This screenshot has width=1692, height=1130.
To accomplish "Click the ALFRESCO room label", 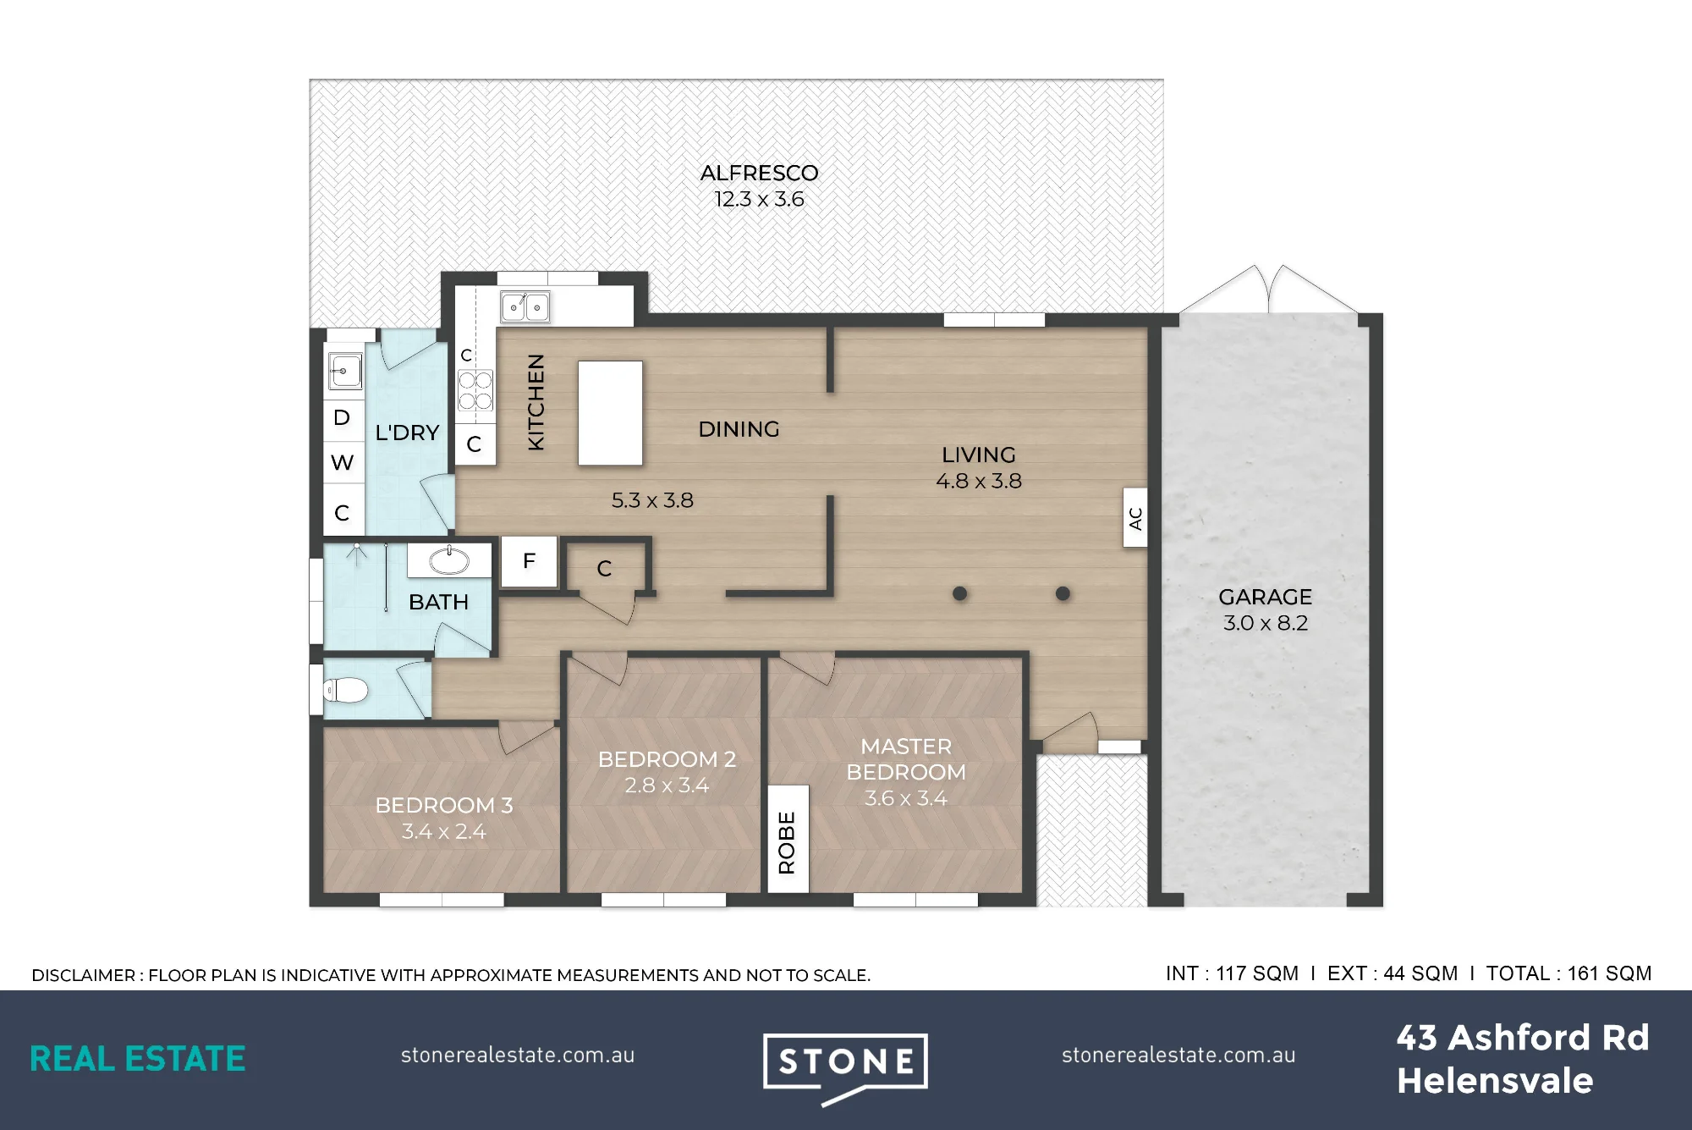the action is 759,174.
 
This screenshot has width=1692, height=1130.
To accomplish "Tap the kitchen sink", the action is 525,306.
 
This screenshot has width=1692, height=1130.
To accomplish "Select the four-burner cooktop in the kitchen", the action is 475,390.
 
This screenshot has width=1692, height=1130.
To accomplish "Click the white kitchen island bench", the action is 610,413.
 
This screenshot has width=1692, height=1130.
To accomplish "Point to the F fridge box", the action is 529,561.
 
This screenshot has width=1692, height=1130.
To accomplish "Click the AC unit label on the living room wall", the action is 1135,518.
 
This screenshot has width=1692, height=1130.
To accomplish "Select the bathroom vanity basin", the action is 449,559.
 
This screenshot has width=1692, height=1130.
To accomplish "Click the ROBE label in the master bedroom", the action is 787,842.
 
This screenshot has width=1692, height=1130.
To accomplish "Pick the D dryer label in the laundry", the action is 342,417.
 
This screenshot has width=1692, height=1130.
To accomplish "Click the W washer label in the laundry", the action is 342,462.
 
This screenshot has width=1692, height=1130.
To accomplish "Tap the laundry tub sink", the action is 345,371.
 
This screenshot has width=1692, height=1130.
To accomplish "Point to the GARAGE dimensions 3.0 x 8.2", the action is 1266,623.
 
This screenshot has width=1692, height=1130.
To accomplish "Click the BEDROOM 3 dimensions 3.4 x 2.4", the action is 443,832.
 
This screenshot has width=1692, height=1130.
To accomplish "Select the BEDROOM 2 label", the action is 667,759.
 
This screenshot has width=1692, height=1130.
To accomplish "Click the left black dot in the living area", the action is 959,593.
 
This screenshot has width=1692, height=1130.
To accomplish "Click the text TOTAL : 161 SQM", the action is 1568,973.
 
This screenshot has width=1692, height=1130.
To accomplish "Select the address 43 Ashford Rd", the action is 1523,1038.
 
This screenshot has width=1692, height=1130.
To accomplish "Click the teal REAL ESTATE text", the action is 138,1059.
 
